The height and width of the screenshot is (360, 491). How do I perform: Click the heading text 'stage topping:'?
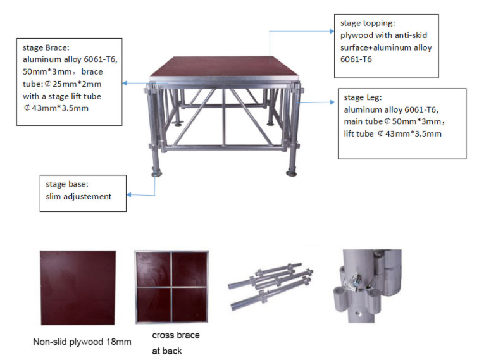pos(368,23)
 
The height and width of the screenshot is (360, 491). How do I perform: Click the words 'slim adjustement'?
pos(78,196)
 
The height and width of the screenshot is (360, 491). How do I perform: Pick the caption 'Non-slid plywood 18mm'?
pos(82,342)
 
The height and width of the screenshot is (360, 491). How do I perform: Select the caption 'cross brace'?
pos(175,335)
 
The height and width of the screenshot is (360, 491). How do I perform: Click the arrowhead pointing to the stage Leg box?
pos(333,101)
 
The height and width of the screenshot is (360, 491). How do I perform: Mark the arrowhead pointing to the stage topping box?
pos(335,30)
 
